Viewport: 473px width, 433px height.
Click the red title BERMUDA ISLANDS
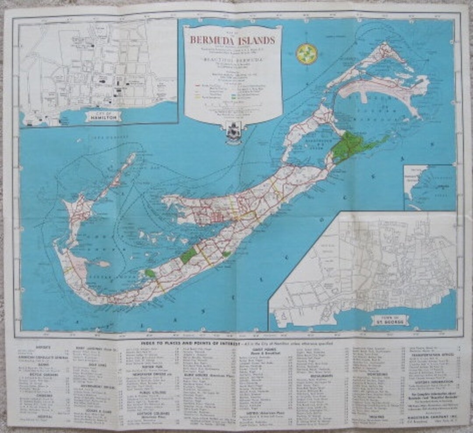233,40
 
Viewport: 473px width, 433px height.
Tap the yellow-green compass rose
307,54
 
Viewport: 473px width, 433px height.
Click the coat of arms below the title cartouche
232,131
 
